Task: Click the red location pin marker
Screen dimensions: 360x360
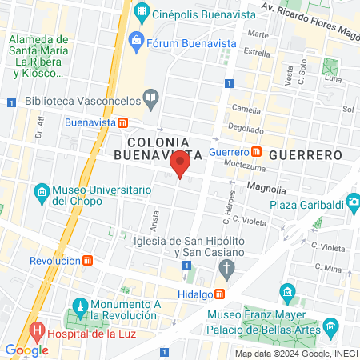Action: point(180,165)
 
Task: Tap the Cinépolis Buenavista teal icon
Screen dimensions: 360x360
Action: point(142,11)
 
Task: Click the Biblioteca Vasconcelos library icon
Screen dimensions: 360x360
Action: point(150,98)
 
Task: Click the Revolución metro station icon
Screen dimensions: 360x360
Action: point(86,261)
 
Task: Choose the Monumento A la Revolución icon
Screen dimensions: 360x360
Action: point(79,306)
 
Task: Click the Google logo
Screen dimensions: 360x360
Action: point(27,350)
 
